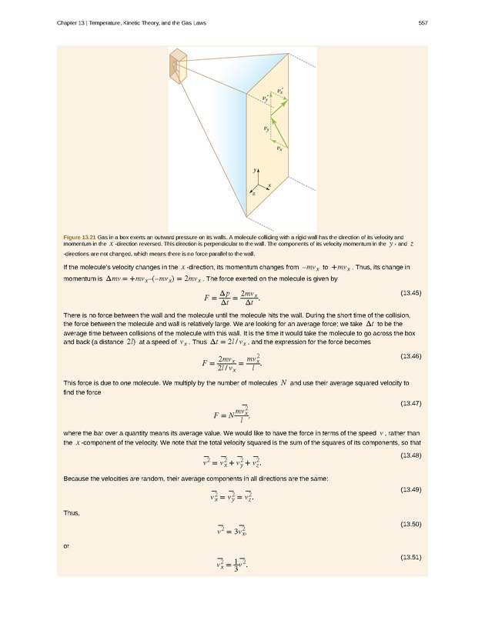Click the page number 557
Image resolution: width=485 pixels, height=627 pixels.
tap(423, 22)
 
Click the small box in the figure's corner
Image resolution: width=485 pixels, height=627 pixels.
tap(178, 64)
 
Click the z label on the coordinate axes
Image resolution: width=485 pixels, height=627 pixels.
tap(253, 194)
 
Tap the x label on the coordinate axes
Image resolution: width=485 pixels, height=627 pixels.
tap(269, 185)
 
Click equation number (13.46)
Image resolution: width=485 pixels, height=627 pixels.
tap(411, 356)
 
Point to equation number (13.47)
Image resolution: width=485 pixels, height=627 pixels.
tap(411, 403)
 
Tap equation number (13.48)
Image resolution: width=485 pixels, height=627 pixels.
tap(411, 456)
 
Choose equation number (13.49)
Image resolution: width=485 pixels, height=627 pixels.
tap(411, 490)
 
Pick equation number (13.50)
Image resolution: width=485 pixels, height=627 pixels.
tap(411, 524)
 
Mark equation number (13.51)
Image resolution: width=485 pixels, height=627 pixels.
tap(411, 556)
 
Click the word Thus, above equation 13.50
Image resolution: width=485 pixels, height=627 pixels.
tap(69, 512)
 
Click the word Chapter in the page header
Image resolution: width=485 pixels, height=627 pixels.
tap(69, 22)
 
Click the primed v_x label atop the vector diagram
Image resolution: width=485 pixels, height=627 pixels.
tap(279, 92)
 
